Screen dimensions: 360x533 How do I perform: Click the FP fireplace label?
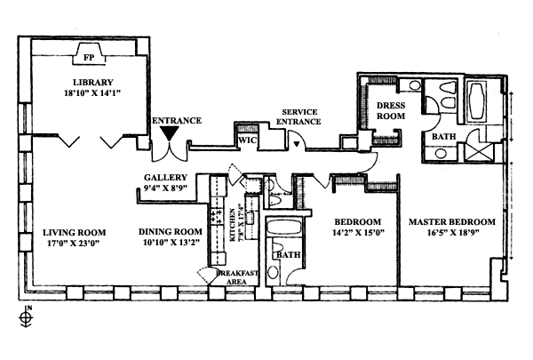coord(88,57)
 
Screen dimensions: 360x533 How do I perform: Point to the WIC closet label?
coord(246,140)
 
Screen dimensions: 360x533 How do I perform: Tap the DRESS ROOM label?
coord(391,110)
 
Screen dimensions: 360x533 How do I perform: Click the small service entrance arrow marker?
coord(296,142)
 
